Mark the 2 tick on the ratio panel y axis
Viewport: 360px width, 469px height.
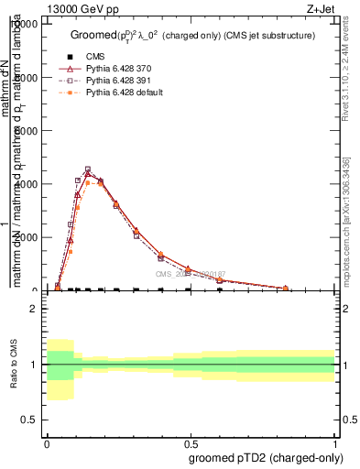pos(34,309)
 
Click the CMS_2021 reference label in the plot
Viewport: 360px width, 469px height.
pos(190,274)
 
